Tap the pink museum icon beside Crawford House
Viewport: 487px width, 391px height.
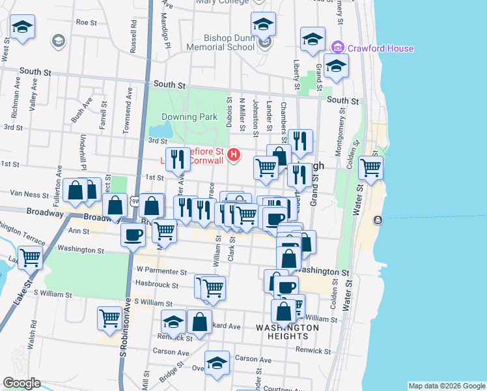[x=337, y=48]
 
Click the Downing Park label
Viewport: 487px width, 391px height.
[x=189, y=117]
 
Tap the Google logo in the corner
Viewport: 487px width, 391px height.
[x=21, y=383]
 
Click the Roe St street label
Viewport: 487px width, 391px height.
[x=86, y=22]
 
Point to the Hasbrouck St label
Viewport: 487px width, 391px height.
[x=157, y=284]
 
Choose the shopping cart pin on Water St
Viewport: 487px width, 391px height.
[x=370, y=167]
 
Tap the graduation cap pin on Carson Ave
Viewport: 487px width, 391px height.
[x=217, y=363]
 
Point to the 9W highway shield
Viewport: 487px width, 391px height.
[x=135, y=203]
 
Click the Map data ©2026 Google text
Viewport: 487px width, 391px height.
[x=447, y=386]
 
